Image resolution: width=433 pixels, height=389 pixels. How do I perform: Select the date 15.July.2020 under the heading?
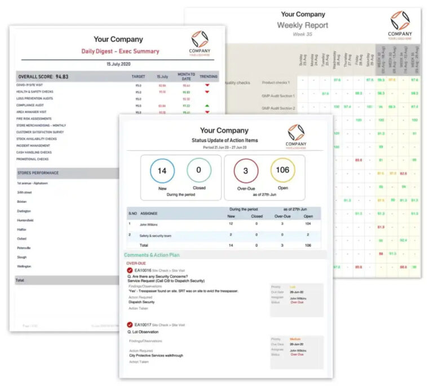118,64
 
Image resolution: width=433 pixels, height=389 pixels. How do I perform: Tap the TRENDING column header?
209,76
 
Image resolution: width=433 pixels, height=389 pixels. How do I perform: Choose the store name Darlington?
24,211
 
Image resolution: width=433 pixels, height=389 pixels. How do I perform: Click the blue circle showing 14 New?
162,171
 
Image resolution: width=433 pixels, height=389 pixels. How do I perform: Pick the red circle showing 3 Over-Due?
246,171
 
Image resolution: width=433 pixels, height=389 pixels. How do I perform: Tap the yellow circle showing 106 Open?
282,171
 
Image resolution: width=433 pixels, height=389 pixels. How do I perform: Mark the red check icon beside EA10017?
130,325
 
